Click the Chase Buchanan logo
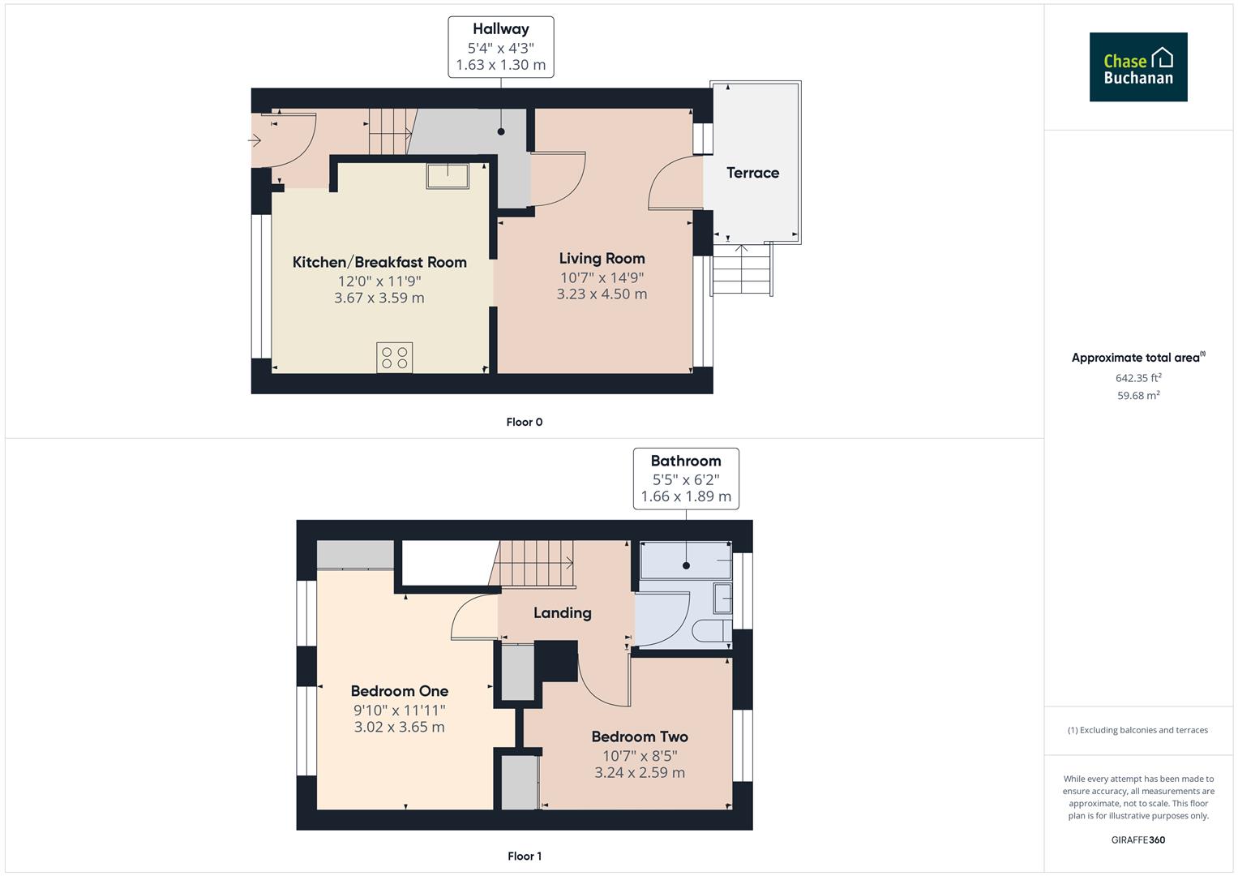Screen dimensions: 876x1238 click(1137, 67)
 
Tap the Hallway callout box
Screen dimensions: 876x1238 click(500, 47)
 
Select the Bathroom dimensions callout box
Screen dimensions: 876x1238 click(685, 479)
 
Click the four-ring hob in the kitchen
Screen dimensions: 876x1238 click(394, 358)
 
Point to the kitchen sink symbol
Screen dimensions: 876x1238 click(448, 176)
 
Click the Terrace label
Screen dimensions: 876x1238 click(752, 173)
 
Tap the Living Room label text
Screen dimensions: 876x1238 click(602, 259)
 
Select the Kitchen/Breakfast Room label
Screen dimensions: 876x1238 click(379, 262)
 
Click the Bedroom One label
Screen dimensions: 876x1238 click(399, 691)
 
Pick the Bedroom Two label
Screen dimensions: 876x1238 click(639, 736)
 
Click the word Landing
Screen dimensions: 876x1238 click(562, 613)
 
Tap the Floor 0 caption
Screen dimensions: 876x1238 click(524, 422)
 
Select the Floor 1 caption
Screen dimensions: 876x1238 click(524, 856)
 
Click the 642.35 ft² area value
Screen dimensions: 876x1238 click(1137, 378)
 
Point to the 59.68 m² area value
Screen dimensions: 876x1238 click(1137, 396)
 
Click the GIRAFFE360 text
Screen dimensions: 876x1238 click(1137, 839)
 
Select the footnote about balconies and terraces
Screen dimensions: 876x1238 click(1137, 730)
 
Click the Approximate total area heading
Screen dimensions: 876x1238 click(1137, 358)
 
